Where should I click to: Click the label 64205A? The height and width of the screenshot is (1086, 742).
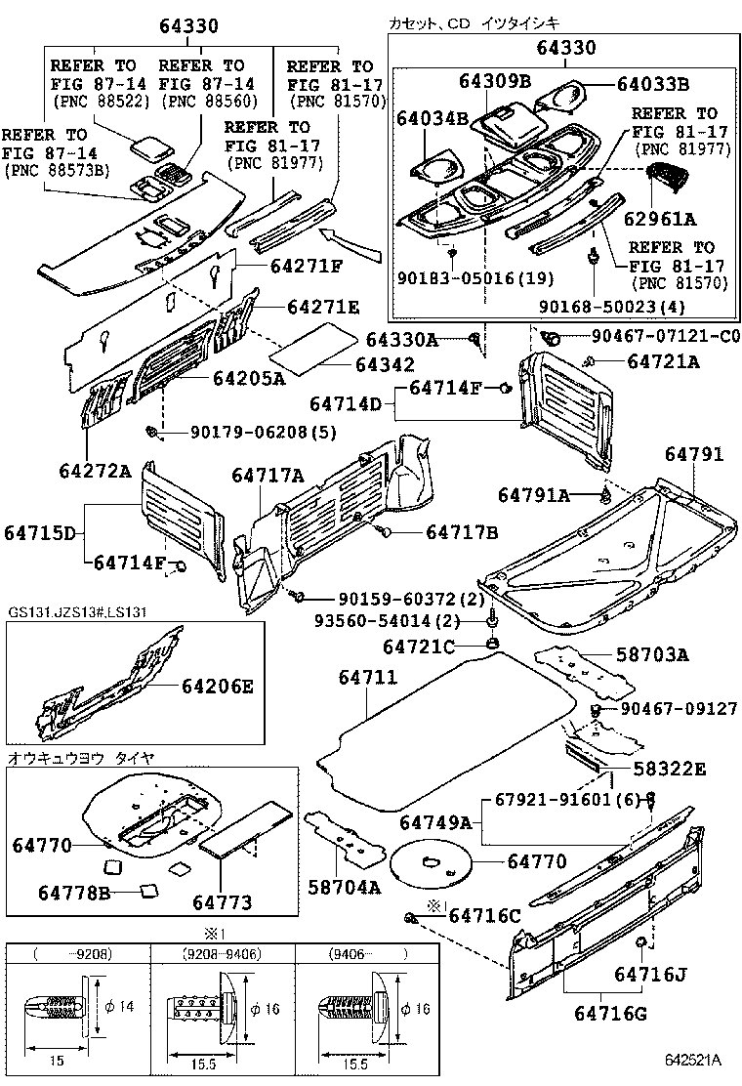pos(248,380)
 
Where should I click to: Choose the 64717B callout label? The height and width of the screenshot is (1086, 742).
pos(461,532)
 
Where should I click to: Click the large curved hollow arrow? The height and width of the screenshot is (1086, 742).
pos(356,243)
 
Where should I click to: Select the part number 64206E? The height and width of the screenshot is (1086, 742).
pos(216,687)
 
